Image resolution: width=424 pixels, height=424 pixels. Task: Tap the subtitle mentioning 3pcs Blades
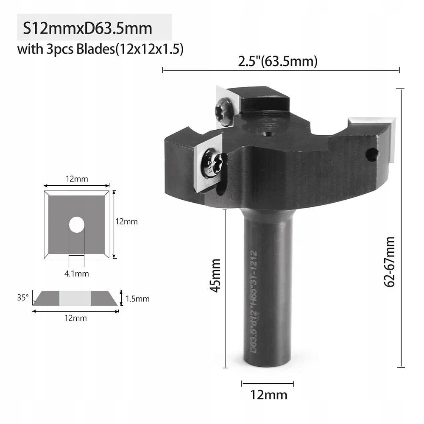[100, 50]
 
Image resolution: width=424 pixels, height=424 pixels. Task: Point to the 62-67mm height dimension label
[389, 262]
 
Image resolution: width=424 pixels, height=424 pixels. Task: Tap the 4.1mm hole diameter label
[77, 273]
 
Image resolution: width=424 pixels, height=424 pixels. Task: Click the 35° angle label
[22, 298]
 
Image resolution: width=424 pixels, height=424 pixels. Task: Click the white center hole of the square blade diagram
[77, 224]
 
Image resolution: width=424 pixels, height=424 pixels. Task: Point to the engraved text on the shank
[253, 301]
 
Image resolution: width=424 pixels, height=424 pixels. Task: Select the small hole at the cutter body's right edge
[371, 155]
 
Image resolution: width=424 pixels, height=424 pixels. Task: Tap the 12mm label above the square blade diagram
[77, 179]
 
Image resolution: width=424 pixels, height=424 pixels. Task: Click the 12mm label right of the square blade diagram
[127, 221]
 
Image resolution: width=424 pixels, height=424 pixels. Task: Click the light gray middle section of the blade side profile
[75, 298]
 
